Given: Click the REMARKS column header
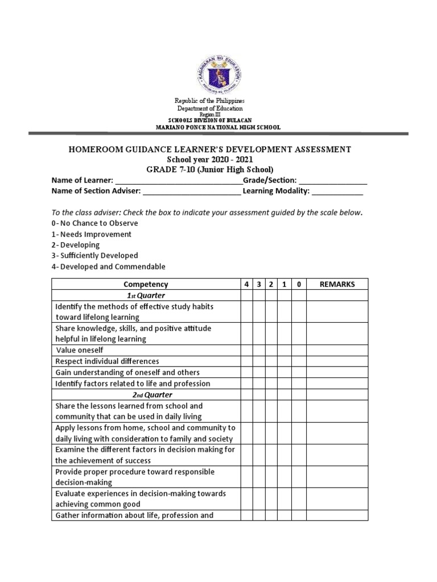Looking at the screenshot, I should coord(337,284).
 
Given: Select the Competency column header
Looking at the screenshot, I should coord(146,284).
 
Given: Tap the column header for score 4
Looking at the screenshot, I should coord(246,284).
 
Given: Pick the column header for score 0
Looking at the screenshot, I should coord(299,284).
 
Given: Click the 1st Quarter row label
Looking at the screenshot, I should coord(146,296).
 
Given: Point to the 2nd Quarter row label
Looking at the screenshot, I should coord(146,394).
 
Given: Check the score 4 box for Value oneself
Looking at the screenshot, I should coord(246,350).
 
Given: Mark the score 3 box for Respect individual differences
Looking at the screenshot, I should coord(259,361).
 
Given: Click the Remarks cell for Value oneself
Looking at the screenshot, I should coord(337,350).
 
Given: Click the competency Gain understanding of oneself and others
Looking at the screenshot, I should coord(127,372).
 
